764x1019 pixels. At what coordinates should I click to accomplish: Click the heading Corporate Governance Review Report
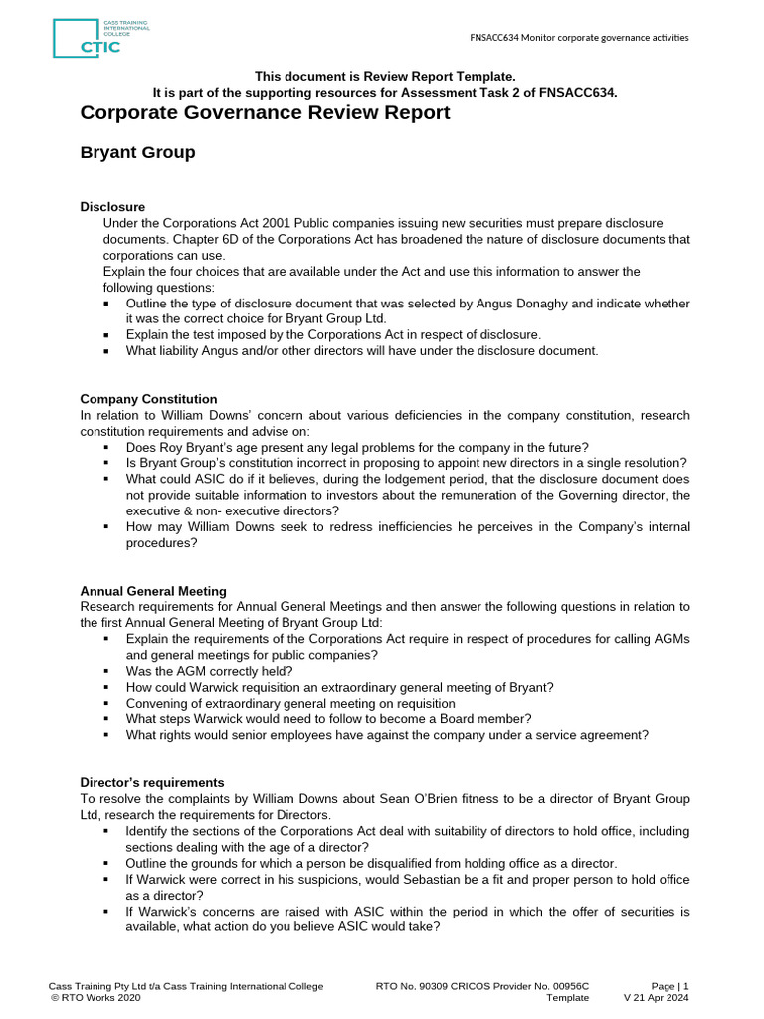[x=265, y=112]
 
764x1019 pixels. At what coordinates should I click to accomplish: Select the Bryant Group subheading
[x=137, y=152]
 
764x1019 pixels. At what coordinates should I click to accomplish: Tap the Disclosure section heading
[x=112, y=207]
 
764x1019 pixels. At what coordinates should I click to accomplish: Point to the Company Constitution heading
[x=148, y=399]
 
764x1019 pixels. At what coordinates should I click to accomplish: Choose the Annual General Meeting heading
[x=153, y=591]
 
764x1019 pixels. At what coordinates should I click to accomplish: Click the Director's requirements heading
[x=151, y=783]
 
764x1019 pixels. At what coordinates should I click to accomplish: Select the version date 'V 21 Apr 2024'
[x=656, y=998]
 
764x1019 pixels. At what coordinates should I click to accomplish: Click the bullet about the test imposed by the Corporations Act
[x=333, y=335]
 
